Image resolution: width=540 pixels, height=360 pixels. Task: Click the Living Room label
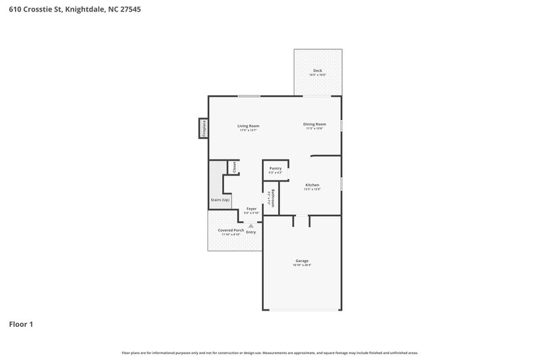[248, 126]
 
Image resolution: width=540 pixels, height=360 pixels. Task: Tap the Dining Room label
[315, 124]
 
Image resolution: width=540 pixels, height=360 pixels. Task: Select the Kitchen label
[312, 184]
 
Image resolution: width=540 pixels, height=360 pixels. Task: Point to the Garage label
[302, 261]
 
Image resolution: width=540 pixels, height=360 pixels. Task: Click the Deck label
[317, 71]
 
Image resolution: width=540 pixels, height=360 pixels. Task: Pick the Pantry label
[275, 168]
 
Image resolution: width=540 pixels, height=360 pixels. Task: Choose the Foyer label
[251, 209]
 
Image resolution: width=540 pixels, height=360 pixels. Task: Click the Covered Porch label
[231, 230]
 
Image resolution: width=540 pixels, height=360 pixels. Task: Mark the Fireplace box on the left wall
[202, 128]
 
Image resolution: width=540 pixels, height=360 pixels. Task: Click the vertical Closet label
[234, 167]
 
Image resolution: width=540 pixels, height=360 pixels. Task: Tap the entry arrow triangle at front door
[251, 226]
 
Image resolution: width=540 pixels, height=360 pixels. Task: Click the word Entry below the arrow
[251, 232]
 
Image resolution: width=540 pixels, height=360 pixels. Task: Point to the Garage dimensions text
[302, 265]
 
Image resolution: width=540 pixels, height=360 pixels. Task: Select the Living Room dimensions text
[248, 130]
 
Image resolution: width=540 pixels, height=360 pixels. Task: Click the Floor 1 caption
[21, 324]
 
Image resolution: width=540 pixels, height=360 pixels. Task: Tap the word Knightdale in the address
[84, 10]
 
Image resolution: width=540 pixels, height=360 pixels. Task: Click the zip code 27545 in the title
[130, 10]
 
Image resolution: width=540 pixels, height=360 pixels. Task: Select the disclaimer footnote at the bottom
[270, 353]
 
